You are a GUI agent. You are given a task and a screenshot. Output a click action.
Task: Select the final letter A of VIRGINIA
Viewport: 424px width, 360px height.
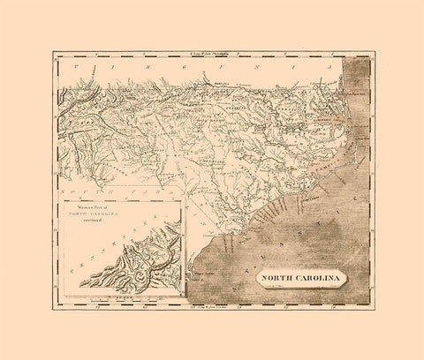pyautogui.click(x=328, y=66)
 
